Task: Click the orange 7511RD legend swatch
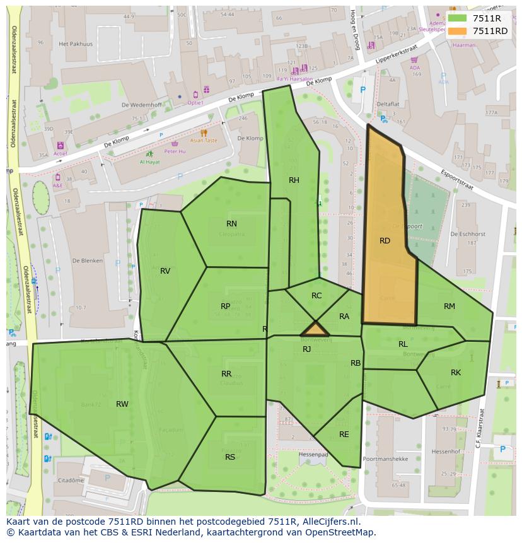pos(458,31)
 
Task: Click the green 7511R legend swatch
pos(458,18)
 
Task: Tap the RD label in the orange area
pos(385,241)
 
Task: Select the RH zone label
pos(294,180)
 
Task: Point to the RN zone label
pos(231,224)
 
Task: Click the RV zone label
pos(165,271)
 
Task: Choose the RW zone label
pos(122,404)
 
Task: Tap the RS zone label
pos(230,457)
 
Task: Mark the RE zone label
pos(344,435)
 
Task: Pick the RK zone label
pos(456,373)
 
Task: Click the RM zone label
pos(449,307)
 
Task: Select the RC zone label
pos(316,296)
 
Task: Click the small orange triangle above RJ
pos(315,330)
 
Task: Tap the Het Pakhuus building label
pos(71,44)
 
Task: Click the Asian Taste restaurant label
pos(204,141)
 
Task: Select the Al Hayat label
pos(150,161)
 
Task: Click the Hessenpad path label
pos(313,454)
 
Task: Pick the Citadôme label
pos(71,480)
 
